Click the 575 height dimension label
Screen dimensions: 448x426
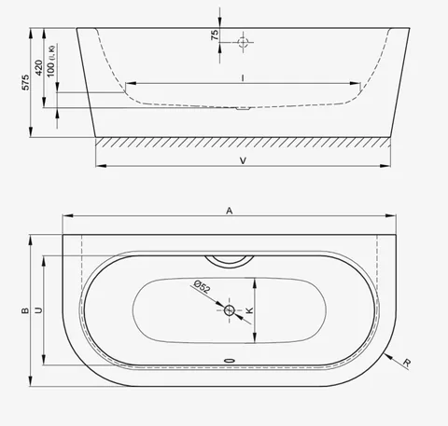[x=26, y=82]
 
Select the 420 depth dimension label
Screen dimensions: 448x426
[x=39, y=67]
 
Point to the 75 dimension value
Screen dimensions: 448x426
[x=215, y=35]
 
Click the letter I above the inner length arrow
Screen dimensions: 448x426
[x=243, y=77]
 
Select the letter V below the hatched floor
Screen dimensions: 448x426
[x=243, y=160]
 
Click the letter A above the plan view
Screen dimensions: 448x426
[x=230, y=211]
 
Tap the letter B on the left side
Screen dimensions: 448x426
[x=25, y=310]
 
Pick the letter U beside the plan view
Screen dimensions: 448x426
[x=38, y=310]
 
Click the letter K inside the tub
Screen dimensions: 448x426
[x=249, y=310]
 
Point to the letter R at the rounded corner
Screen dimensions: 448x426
[x=407, y=363]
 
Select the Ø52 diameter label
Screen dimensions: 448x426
[x=202, y=286]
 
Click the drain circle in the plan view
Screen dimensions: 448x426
[x=230, y=310]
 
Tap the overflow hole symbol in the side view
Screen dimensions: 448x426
[x=243, y=42]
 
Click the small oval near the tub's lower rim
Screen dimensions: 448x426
[x=230, y=361]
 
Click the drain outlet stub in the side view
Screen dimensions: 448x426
[x=243, y=108]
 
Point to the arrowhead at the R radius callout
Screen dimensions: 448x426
[x=387, y=356]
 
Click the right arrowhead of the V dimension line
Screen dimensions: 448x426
[x=385, y=166]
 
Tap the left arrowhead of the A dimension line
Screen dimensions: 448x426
[x=68, y=215]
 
